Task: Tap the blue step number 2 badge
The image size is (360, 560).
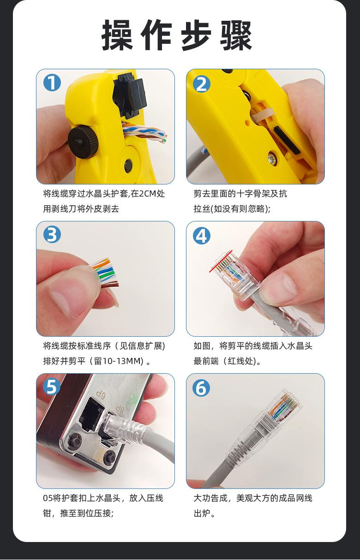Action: (x=201, y=83)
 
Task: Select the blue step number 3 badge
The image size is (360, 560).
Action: (x=52, y=235)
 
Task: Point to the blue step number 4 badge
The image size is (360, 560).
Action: (x=201, y=236)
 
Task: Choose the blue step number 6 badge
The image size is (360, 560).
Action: (x=201, y=388)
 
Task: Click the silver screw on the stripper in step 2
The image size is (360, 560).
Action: (x=272, y=158)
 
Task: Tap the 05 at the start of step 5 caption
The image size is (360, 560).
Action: (x=48, y=499)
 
